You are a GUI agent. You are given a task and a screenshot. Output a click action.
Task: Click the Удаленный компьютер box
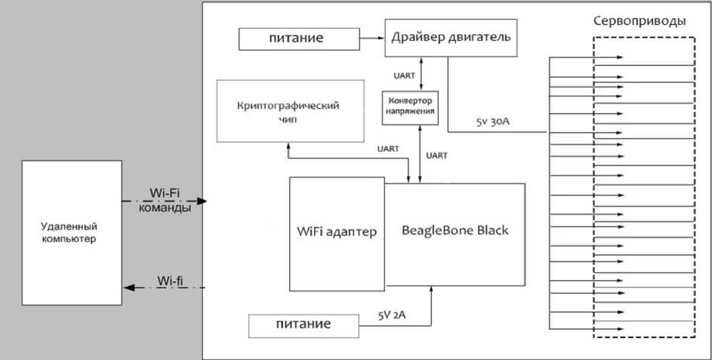pyautogui.click(x=72, y=232)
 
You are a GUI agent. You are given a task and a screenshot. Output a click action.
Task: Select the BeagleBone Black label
pyautogui.click(x=455, y=231)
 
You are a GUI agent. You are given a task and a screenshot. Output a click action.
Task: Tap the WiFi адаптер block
pyautogui.click(x=338, y=232)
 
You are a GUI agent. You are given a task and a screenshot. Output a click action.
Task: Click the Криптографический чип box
pyautogui.click(x=295, y=111)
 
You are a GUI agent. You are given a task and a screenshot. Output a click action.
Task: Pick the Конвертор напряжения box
pyautogui.click(x=410, y=106)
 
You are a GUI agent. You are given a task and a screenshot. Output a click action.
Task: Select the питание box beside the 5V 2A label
pyautogui.click(x=301, y=325)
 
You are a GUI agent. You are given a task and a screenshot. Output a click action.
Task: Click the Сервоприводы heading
pyautogui.click(x=640, y=21)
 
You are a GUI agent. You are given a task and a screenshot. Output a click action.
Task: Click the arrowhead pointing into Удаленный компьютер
pyautogui.click(x=128, y=288)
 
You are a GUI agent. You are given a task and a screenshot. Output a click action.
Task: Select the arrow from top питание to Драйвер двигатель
pyautogui.click(x=369, y=36)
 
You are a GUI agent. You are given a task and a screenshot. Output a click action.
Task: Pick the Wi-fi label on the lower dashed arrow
pyautogui.click(x=171, y=282)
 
